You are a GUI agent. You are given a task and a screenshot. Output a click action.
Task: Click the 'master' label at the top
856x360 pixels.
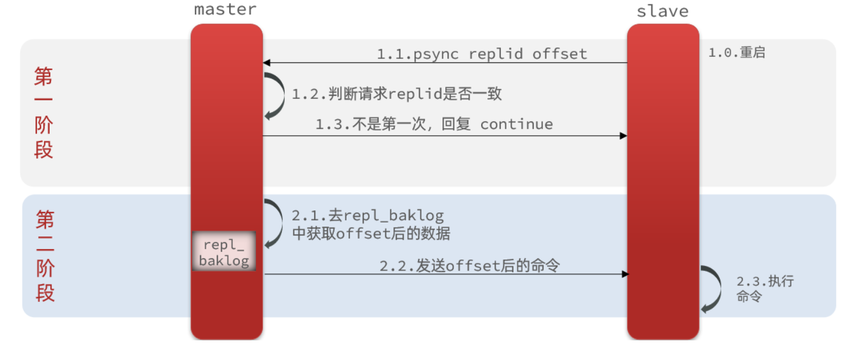click(225, 9)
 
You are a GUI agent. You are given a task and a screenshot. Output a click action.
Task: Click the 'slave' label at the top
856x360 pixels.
click(662, 11)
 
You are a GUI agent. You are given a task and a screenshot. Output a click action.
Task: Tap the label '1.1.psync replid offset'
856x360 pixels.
click(482, 54)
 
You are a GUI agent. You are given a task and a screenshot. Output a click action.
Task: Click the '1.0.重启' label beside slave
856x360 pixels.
click(736, 53)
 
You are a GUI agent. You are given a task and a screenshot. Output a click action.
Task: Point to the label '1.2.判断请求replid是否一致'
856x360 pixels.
click(397, 94)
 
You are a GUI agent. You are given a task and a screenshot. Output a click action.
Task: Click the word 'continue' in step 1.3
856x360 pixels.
click(516, 124)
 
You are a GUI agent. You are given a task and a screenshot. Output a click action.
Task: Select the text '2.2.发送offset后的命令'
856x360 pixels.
click(469, 266)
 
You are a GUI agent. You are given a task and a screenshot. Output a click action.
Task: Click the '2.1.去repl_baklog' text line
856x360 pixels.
click(368, 216)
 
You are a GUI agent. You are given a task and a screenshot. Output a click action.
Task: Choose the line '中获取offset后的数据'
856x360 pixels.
click(371, 234)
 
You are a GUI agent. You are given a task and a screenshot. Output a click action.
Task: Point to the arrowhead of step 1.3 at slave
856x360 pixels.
click(623, 136)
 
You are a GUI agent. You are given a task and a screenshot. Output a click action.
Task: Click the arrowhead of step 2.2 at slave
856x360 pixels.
click(624, 274)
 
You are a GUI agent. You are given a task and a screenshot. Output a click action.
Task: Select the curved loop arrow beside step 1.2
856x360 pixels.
click(277, 96)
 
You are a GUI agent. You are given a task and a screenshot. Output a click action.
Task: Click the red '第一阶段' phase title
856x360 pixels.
click(43, 112)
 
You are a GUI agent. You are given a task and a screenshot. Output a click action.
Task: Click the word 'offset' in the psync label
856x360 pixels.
click(559, 54)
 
